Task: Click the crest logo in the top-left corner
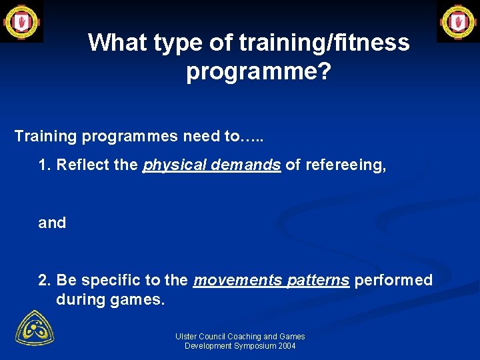point(21,21)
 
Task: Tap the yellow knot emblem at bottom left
point(35,327)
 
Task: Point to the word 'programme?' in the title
point(259,71)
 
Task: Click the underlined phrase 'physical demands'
point(211,165)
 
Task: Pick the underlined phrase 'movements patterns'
point(271,280)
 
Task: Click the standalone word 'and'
point(52,223)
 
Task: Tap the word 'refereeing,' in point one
point(345,165)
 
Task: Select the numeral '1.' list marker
point(45,165)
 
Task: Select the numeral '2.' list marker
point(45,280)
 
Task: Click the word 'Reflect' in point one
point(83,165)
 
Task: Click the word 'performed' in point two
point(393,280)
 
